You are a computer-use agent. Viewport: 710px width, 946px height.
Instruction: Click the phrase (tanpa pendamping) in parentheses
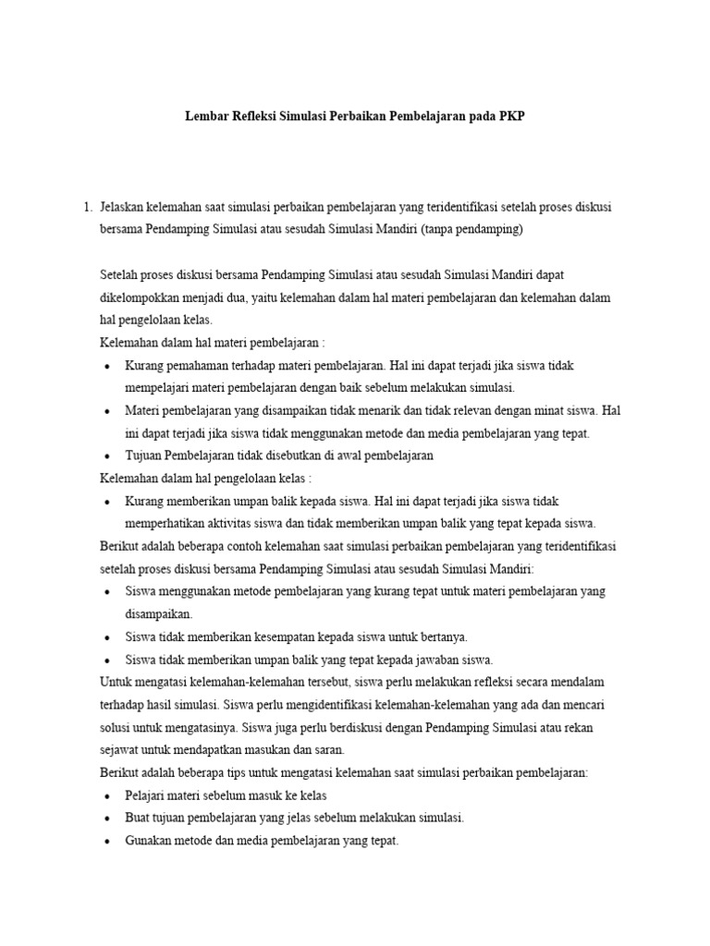coord(471,229)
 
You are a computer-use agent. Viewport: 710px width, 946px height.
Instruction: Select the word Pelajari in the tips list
coord(147,794)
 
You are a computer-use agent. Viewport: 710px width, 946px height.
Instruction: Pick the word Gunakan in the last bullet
coord(150,840)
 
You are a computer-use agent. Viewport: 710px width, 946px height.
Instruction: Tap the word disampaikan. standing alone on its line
coord(160,613)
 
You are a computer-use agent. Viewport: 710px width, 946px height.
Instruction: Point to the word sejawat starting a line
coord(118,749)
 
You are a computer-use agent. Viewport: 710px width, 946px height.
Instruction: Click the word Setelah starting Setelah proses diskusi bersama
coord(120,275)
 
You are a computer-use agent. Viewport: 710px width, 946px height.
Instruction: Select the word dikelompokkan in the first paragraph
coord(141,297)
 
